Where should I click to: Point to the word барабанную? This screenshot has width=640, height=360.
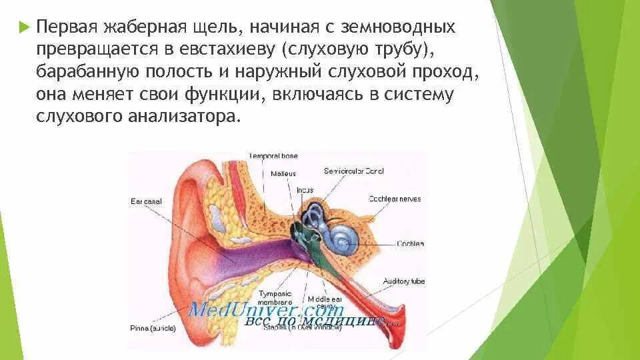[x=80, y=72]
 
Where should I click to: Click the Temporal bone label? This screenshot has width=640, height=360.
[x=273, y=156]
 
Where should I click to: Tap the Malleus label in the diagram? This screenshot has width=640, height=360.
[x=283, y=173]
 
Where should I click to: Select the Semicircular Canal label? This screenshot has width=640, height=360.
[x=354, y=171]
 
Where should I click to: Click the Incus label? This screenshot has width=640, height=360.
[x=305, y=190]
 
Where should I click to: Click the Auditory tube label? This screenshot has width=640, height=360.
[x=403, y=281]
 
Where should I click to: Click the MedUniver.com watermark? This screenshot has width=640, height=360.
[x=267, y=310]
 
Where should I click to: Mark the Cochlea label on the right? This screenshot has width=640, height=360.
[x=411, y=244]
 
